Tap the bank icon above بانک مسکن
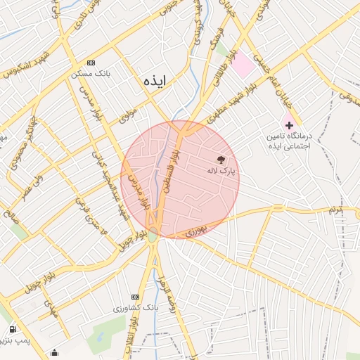90,63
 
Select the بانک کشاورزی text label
136,308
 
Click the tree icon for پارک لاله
221,161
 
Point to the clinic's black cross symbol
288,124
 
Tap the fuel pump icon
13,329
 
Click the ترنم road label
337,210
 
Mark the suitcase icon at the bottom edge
55,352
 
